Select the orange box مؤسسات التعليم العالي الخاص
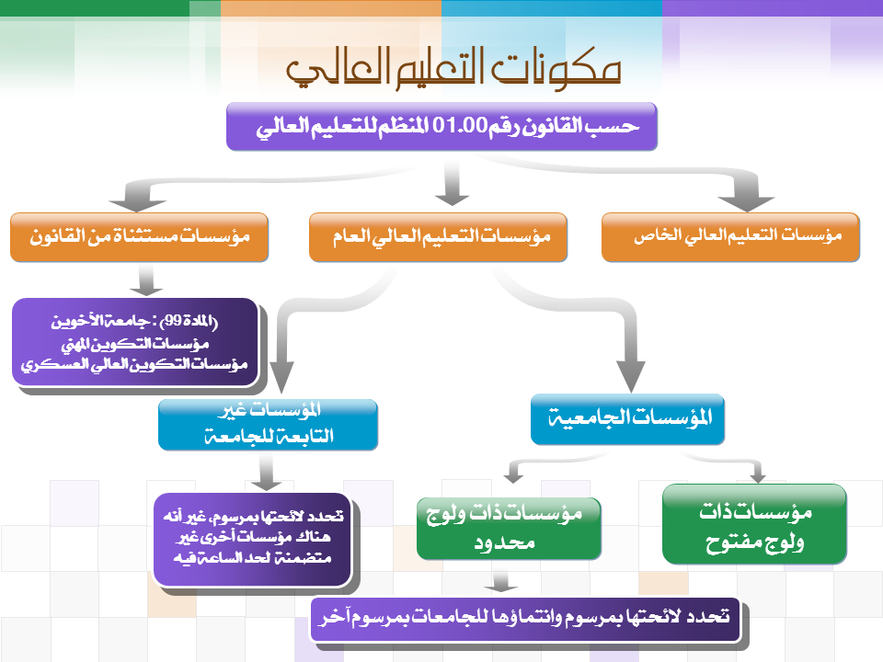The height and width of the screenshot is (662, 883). [730, 237]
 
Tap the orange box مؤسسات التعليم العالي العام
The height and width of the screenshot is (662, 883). [438, 237]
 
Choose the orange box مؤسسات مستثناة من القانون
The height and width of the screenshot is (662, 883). [139, 237]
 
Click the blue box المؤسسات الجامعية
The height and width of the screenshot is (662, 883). [627, 419]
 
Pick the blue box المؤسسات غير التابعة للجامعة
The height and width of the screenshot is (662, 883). [268, 425]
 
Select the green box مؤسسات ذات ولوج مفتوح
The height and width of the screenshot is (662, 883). [754, 524]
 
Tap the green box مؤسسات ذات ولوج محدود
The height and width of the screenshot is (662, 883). [509, 528]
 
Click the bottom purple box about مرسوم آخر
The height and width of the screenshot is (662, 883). [525, 619]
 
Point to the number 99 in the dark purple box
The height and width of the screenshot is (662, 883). [173, 321]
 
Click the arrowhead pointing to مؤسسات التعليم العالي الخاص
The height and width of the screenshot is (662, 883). [746, 202]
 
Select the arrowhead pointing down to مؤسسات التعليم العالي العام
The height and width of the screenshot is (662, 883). [452, 199]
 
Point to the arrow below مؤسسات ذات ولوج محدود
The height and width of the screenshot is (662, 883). [500, 582]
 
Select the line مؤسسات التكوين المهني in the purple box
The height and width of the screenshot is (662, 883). [135, 343]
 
